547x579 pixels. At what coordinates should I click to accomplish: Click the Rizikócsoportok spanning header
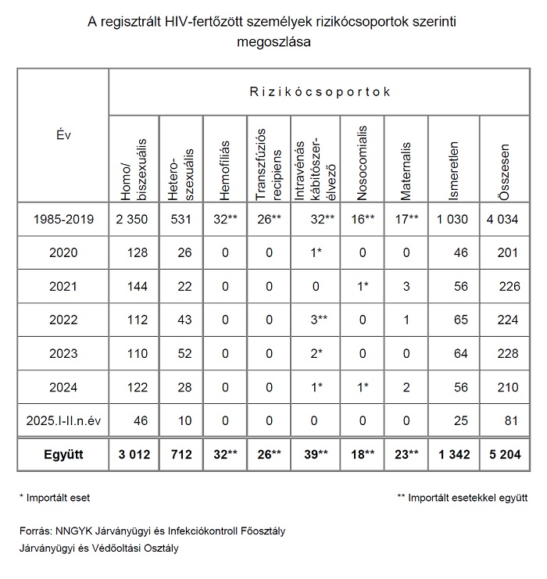tap(320, 92)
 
